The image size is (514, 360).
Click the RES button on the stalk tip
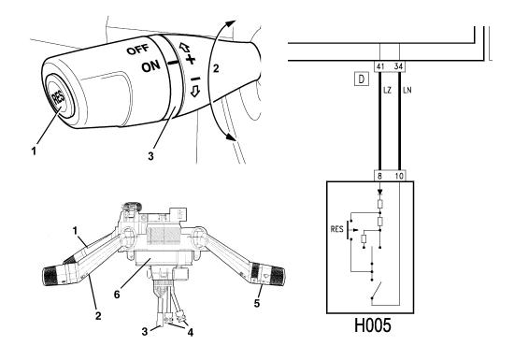58,96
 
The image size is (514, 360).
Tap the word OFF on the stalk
138,50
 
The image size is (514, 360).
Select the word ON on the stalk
150,66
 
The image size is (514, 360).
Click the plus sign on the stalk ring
190,59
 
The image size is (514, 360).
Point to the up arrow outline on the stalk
184,48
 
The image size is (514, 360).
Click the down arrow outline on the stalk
195,91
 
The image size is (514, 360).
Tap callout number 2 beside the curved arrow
216,68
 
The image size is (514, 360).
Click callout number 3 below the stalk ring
150,156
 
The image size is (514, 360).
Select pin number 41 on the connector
380,66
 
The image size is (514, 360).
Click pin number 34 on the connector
398,66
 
